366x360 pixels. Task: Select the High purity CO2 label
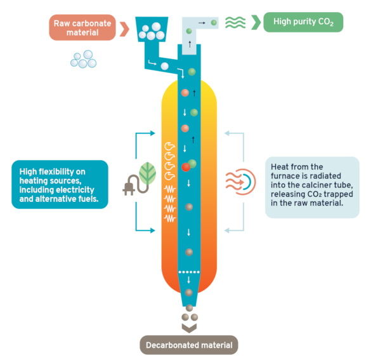click(303, 22)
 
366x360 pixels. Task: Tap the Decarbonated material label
click(189, 345)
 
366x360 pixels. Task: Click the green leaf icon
click(148, 171)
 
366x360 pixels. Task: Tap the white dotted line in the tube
click(188, 271)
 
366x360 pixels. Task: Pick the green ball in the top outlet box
click(214, 23)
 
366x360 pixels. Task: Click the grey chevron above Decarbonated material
click(189, 327)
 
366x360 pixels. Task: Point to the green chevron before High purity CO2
click(256, 22)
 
